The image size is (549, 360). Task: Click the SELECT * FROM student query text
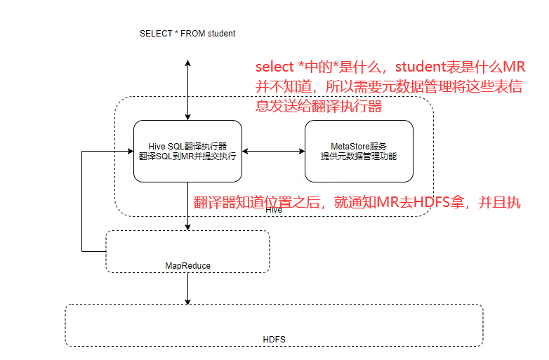click(187, 33)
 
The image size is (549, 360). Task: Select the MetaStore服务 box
click(359, 151)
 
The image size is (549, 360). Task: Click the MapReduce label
click(187, 265)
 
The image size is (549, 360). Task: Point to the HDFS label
click(274, 340)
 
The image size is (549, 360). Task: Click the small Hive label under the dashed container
click(274, 209)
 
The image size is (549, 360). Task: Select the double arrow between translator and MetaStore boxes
click(273, 151)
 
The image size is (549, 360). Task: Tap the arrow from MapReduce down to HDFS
click(188, 288)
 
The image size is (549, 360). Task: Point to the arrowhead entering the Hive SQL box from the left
click(129, 151)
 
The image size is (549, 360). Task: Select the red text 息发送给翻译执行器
click(319, 106)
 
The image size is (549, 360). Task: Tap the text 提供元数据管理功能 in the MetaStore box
click(359, 156)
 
